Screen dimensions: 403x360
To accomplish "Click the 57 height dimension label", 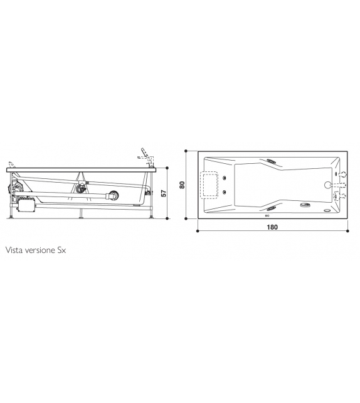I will click(x=164, y=193).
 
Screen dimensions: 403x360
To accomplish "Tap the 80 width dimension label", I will click(x=183, y=185).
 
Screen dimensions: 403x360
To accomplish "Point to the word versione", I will click(x=43, y=249).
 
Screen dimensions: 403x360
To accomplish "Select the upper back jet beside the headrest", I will click(x=225, y=177).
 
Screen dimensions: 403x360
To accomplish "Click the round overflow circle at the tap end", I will click(x=327, y=185).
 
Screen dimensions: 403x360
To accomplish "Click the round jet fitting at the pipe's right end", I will click(x=113, y=195).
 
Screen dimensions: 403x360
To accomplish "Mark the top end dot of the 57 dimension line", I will click(x=169, y=168).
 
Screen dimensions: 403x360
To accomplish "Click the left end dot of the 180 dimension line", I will click(x=198, y=231).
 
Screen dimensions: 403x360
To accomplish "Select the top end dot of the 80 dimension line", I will click(x=188, y=151).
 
